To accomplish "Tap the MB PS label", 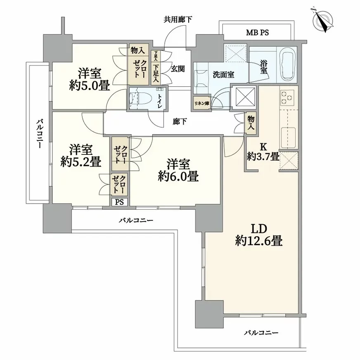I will tap(257, 33).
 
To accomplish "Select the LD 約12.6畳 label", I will tap(259, 235).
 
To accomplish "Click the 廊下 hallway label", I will tap(179, 122).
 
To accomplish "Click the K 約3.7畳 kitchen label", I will tap(263, 151).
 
